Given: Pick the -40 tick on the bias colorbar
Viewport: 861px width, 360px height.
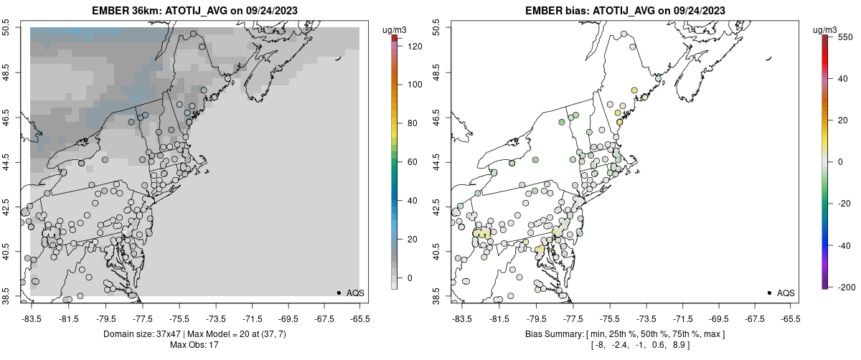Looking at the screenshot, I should point(843,245).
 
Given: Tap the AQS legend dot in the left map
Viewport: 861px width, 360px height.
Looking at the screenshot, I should point(339,293).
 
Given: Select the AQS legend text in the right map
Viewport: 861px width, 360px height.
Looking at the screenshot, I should point(786,293).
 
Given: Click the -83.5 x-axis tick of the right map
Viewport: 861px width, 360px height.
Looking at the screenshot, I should point(461,318).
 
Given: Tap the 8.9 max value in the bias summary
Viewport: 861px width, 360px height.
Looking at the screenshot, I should point(679,345).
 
